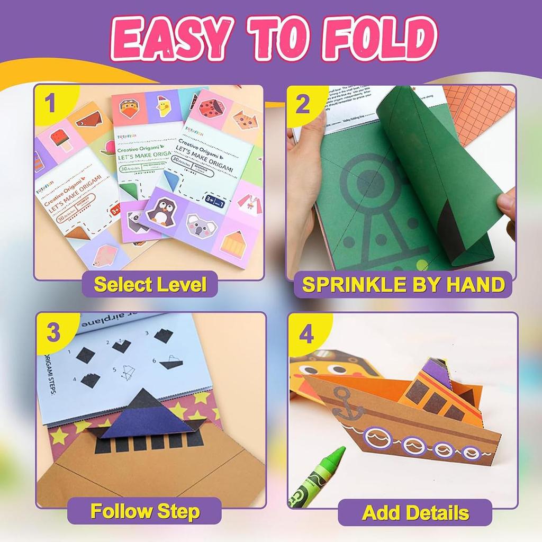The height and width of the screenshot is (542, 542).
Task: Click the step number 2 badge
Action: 303,104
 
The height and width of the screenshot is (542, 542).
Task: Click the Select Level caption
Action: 150,285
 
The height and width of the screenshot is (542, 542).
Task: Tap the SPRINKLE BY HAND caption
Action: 403,285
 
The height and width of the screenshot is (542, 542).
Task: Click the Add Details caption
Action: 415,512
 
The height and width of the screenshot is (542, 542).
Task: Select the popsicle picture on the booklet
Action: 62,142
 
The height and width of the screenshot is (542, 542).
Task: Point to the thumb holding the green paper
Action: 506,204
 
